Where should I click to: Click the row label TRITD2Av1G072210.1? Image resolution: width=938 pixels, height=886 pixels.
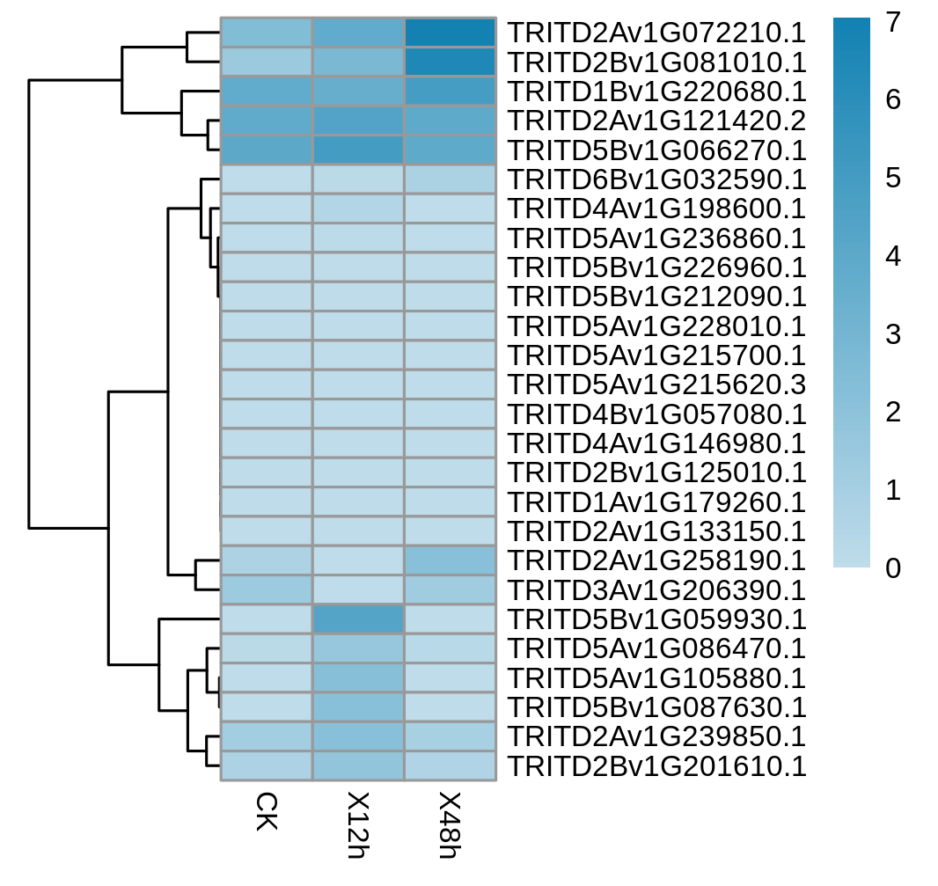tap(656, 33)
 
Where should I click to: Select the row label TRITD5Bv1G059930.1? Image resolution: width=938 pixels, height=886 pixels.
tap(656, 619)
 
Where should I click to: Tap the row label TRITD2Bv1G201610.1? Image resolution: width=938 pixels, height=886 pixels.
tap(656, 766)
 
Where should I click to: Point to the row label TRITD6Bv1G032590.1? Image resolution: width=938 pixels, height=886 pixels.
tap(656, 179)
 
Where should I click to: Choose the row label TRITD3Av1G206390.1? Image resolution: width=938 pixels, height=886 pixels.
tap(656, 589)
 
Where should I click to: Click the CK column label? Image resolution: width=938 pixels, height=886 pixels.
tap(267, 812)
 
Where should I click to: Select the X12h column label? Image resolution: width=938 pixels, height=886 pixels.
tap(358, 825)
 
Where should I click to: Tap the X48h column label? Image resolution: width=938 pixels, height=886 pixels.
tap(450, 825)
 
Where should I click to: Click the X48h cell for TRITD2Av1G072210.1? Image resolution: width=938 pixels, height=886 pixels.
tap(450, 33)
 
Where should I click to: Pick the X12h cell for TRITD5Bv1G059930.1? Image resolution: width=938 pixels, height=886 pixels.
tap(358, 619)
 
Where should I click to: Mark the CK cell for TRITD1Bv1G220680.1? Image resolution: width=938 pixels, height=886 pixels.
tap(267, 91)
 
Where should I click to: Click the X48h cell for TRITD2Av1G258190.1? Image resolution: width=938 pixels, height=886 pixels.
tap(450, 560)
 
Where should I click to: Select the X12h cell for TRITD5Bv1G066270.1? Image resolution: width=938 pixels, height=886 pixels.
tap(358, 150)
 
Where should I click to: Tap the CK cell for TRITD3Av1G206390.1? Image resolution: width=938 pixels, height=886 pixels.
tap(267, 589)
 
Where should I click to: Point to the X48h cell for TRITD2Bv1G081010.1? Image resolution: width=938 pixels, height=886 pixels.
tap(450, 62)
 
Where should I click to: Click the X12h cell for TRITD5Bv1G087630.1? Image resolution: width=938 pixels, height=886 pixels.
tap(358, 707)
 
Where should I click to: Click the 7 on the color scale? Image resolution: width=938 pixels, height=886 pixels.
tap(893, 22)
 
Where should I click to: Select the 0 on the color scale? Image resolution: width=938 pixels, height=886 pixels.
tap(893, 567)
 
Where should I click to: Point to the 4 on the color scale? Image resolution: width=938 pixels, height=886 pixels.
tap(893, 256)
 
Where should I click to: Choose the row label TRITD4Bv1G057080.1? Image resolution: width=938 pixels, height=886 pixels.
tap(656, 414)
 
